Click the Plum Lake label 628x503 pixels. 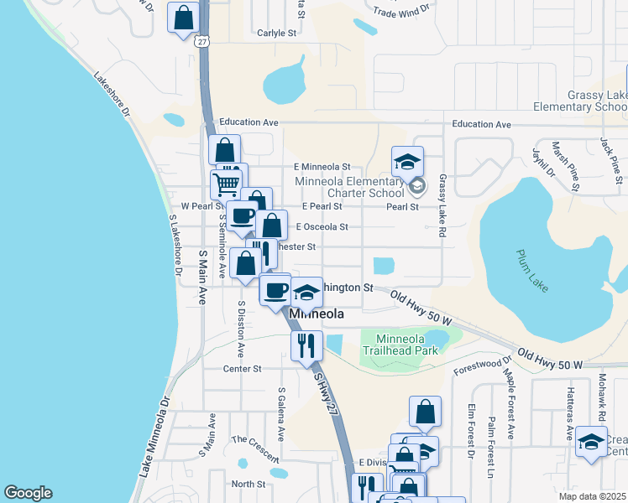(532, 271)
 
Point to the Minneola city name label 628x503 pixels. (317, 314)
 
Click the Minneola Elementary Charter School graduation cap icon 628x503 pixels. (407, 162)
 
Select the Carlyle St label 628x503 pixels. (278, 33)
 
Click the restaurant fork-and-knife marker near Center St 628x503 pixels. (306, 344)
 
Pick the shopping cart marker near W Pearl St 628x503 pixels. (227, 183)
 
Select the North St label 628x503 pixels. (249, 484)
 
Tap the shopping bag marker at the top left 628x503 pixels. (184, 17)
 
